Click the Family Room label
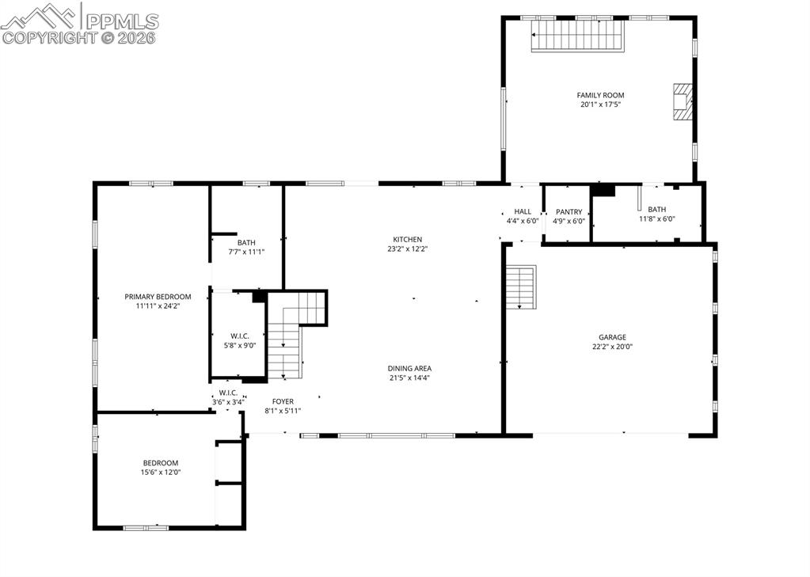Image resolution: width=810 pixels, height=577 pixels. (600, 95)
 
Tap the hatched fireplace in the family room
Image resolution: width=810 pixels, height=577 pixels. (682, 101)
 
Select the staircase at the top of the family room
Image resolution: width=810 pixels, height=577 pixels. (577, 36)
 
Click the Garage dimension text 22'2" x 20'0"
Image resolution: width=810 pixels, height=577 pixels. (612, 346)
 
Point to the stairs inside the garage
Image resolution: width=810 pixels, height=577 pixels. (521, 287)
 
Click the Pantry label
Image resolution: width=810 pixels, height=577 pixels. (569, 212)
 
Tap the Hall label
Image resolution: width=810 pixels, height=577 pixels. (523, 211)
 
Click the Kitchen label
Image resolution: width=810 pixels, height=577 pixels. (408, 239)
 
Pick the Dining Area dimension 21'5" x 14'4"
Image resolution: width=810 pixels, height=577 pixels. (409, 378)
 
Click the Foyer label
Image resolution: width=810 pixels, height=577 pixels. (283, 401)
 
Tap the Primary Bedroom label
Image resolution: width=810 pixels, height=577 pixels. (158, 297)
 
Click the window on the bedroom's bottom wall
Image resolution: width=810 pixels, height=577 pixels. (146, 526)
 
